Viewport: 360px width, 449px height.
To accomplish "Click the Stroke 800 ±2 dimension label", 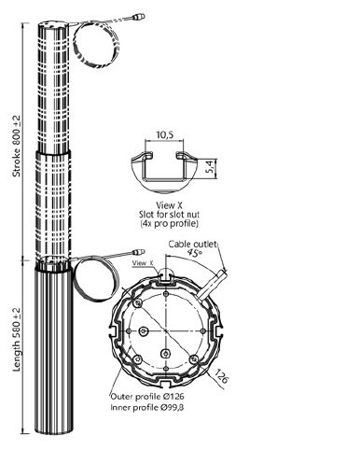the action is pos(16,147).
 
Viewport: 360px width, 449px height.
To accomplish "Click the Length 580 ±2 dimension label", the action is pos(16,339).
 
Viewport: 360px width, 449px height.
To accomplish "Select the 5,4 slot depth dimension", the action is pos(210,167).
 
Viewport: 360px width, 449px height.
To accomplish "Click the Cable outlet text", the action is pos(192,245).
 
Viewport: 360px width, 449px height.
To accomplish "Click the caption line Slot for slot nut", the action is pos(169,215).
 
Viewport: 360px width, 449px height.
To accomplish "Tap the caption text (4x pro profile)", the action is pos(169,223).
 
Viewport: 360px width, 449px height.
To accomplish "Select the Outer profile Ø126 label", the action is pos(147,397).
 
